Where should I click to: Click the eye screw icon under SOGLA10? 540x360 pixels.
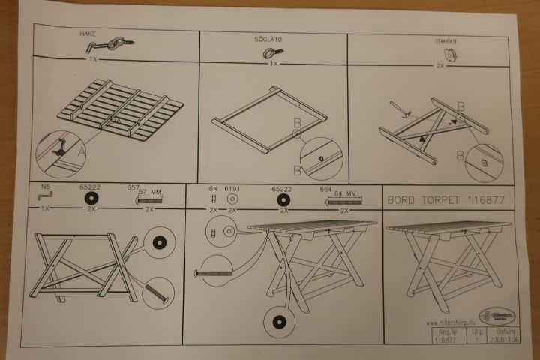pos(269,53)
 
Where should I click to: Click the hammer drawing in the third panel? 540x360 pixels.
pos(403,110)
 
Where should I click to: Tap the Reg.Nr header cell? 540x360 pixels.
pos(445,331)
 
